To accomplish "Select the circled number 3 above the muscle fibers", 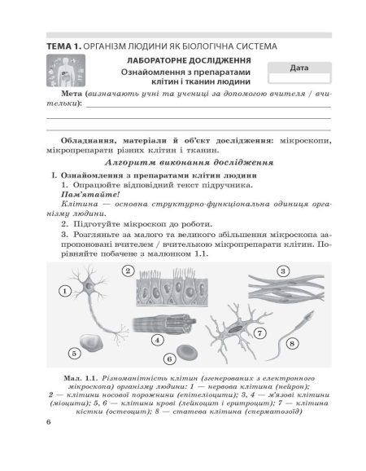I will [284, 271].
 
